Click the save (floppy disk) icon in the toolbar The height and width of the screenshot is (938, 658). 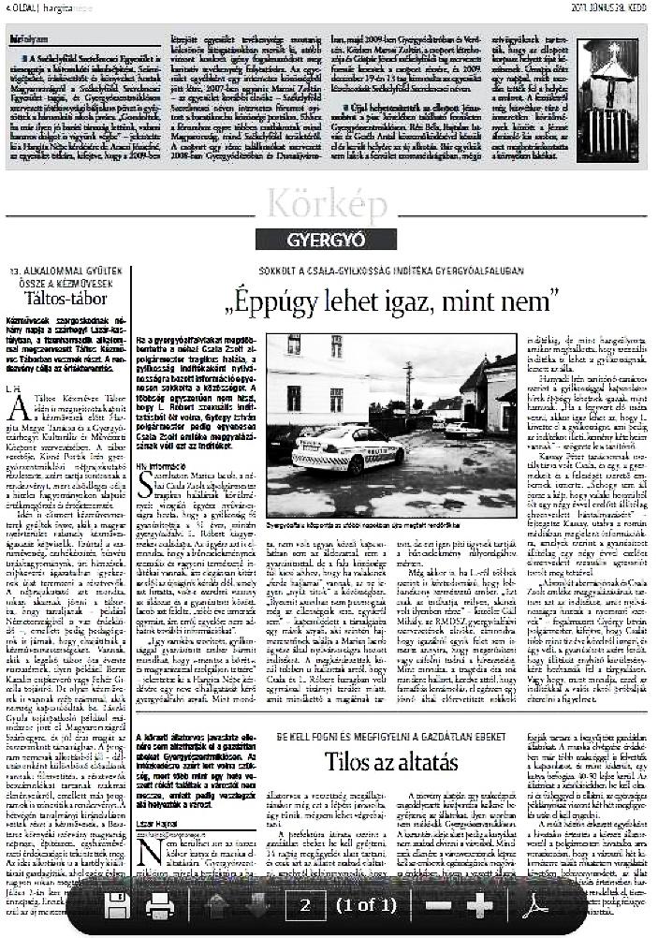116,904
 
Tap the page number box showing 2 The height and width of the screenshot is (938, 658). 304,904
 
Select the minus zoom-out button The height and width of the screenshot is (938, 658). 438,904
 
